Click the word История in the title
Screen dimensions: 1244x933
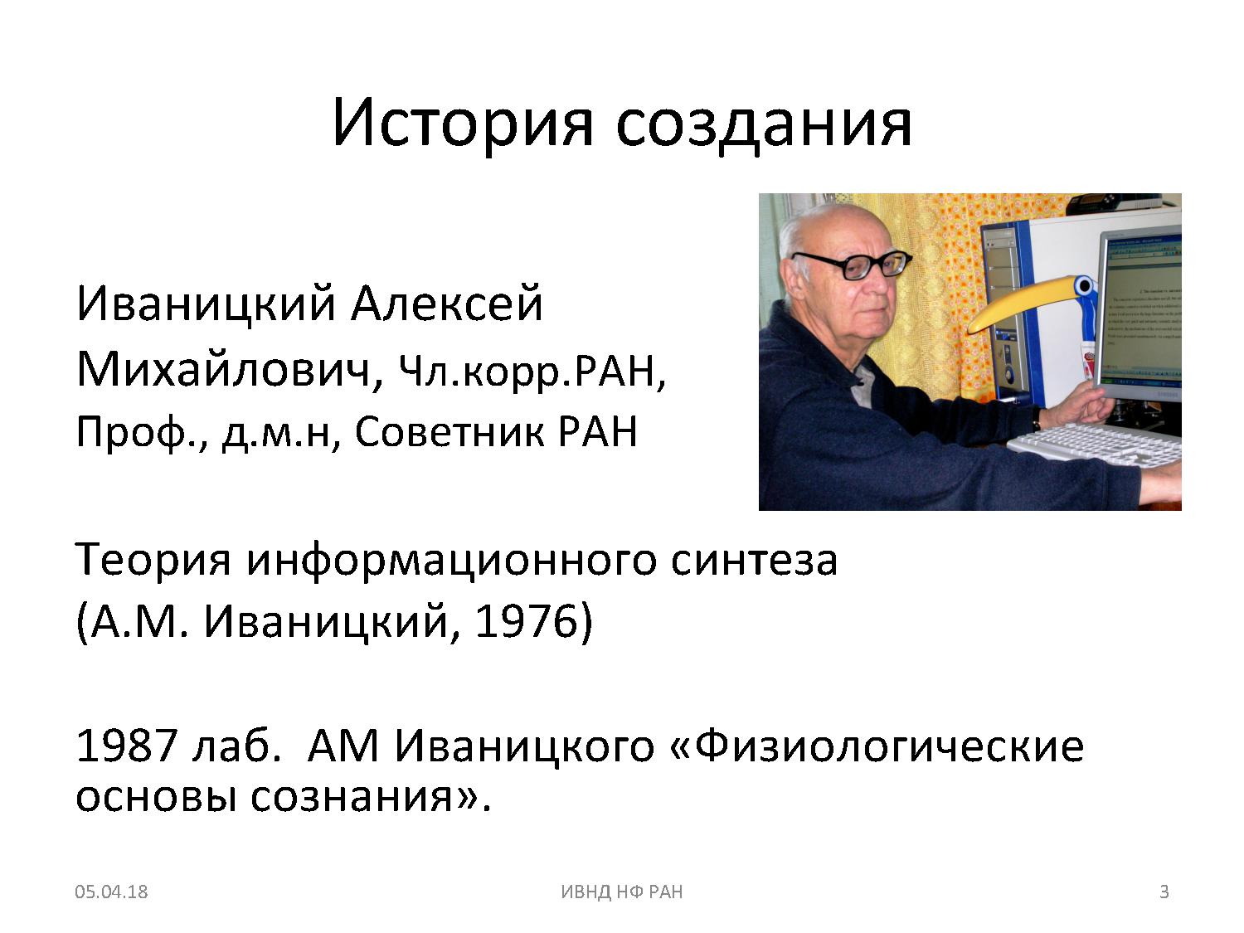point(463,123)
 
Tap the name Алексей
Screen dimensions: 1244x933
point(446,303)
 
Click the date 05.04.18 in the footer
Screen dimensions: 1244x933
point(111,891)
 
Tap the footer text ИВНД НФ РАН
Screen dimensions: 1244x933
point(622,891)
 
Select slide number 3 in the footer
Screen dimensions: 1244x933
point(1164,891)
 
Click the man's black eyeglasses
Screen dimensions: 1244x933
point(856,265)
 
